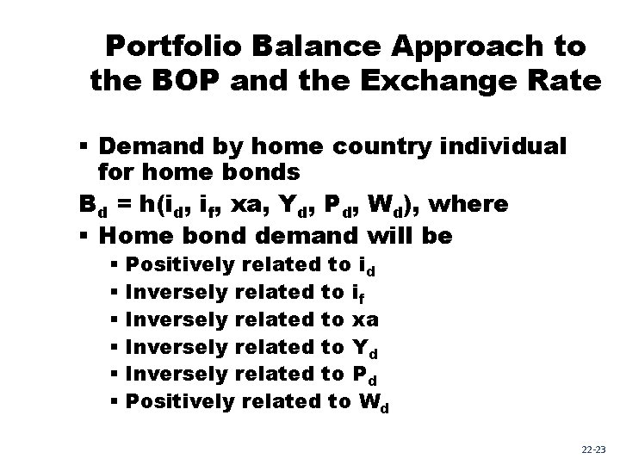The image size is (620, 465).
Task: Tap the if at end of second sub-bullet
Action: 359,294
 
